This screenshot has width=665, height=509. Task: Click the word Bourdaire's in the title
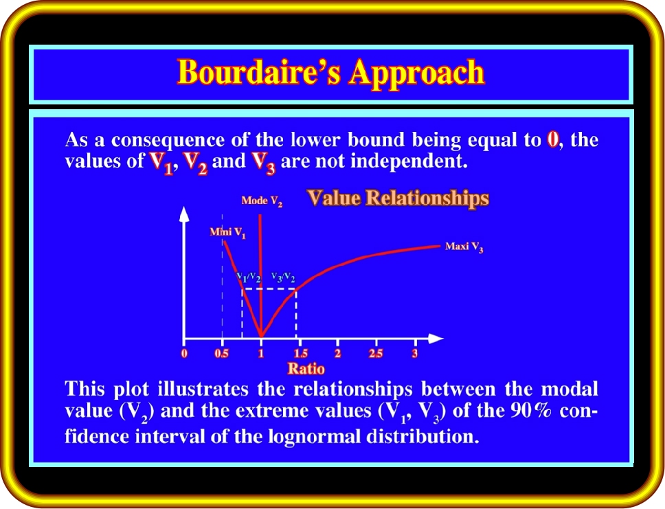click(259, 71)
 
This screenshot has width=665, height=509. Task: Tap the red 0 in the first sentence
click(552, 139)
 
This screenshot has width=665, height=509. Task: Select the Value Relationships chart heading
click(398, 198)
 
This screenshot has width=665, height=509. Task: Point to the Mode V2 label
click(262, 201)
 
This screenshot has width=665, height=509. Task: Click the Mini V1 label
click(228, 232)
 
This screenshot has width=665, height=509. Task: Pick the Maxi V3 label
click(464, 247)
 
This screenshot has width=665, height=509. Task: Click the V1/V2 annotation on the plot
click(249, 278)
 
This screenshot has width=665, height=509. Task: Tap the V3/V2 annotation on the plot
click(283, 278)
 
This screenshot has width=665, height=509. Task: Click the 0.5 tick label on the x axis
click(221, 353)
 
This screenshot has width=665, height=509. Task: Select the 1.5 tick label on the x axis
click(301, 353)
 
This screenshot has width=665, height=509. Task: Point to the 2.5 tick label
click(376, 353)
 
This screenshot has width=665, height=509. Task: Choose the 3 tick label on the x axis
click(415, 353)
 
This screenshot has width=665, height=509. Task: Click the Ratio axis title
click(306, 369)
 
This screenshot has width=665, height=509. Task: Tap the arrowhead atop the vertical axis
click(184, 214)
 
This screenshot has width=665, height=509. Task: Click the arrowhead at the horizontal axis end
click(436, 339)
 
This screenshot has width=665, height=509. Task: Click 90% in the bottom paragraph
click(530, 410)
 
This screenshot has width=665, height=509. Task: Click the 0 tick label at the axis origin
click(184, 353)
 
